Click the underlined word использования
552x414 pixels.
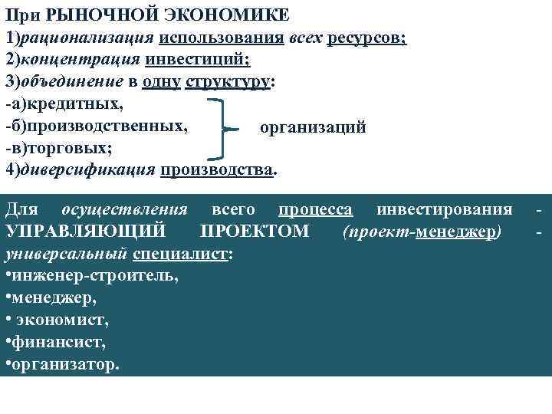pos(222,38)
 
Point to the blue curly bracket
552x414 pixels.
pos(221,127)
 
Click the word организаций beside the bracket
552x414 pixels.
pos(313,127)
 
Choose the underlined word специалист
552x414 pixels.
pos(179,254)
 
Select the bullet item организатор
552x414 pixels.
pos(66,363)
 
